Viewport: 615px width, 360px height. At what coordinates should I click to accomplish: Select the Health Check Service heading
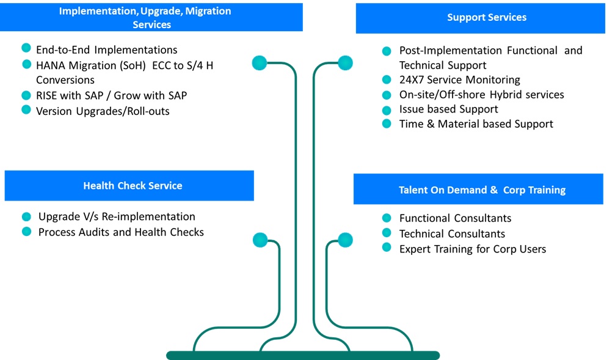click(x=133, y=185)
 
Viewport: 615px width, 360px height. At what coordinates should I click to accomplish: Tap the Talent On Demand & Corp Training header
click(x=482, y=189)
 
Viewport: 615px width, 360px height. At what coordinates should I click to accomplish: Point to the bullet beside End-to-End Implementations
click(x=26, y=48)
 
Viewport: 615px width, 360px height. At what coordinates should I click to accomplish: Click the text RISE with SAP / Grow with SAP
click(x=111, y=95)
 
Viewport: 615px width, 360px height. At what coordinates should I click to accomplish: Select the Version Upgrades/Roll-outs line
click(x=103, y=111)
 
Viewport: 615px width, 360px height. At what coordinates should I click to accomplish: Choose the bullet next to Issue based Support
click(x=386, y=110)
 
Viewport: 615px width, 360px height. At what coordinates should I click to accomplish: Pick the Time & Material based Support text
click(x=476, y=123)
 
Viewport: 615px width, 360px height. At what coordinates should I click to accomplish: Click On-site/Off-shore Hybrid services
click(x=481, y=95)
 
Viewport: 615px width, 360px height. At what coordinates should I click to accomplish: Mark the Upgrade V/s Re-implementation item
click(x=117, y=216)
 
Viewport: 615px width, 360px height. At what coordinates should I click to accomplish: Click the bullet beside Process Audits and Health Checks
click(x=26, y=232)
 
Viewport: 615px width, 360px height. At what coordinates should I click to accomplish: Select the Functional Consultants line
click(x=455, y=218)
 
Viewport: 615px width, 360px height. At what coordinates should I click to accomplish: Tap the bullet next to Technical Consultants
click(x=386, y=233)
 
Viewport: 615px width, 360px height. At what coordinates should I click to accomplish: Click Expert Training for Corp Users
click(x=472, y=249)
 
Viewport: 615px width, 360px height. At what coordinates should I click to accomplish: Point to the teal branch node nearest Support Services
click(x=345, y=62)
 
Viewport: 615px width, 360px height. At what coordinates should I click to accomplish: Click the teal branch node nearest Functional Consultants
click(x=345, y=240)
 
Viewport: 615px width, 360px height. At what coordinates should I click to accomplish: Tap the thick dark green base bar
click(x=303, y=355)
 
